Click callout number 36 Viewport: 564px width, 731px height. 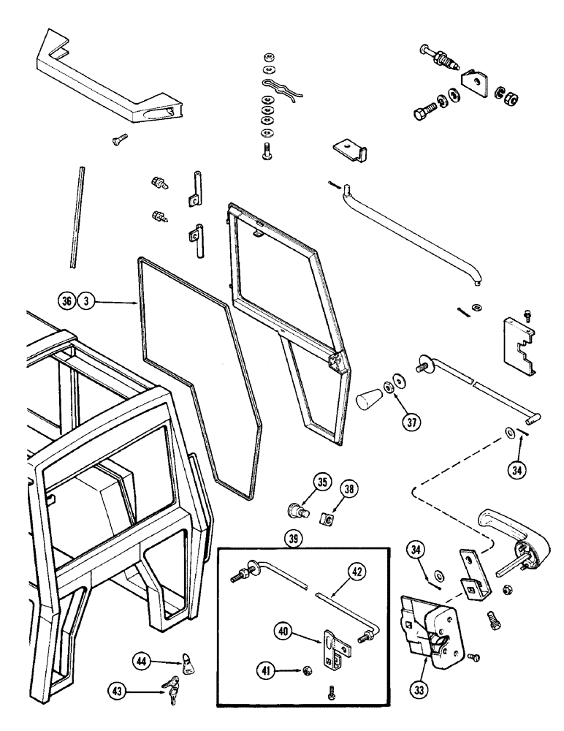(67, 300)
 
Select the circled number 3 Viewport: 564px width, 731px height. (86, 300)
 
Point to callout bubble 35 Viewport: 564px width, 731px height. (302, 482)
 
